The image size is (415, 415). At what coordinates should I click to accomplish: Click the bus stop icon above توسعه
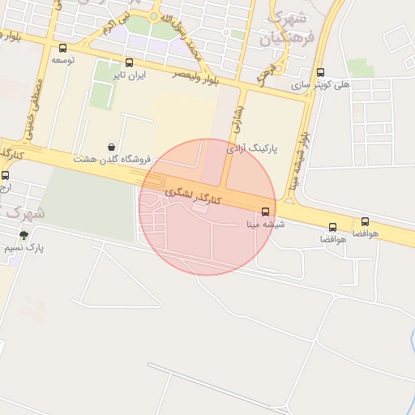pyautogui.click(x=63, y=48)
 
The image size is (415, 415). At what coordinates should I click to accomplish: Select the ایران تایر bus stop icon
pyautogui.click(x=130, y=62)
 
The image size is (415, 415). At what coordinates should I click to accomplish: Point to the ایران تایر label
pyautogui.click(x=129, y=75)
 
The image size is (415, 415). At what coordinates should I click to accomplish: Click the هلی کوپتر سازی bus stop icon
pyautogui.click(x=320, y=72)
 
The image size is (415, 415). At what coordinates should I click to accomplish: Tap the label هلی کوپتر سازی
pyautogui.click(x=345, y=84)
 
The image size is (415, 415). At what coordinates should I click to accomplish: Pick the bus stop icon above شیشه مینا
pyautogui.click(x=266, y=213)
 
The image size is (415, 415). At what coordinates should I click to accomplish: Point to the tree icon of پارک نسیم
pyautogui.click(x=24, y=235)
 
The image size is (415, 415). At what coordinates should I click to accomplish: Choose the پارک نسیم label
pyautogui.click(x=29, y=247)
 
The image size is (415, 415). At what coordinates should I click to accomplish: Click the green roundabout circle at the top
pyautogui.click(x=154, y=15)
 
